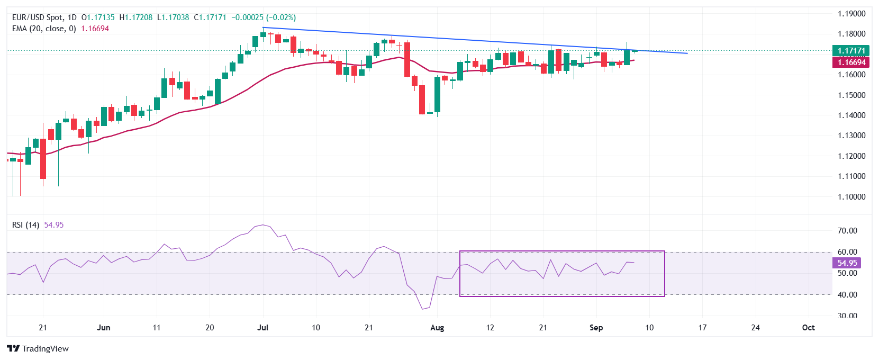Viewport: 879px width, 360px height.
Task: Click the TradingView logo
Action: pyautogui.click(x=38, y=348)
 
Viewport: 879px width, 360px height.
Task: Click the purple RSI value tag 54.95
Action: pyautogui.click(x=847, y=263)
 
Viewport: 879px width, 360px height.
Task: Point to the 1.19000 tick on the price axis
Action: pyautogui.click(x=851, y=14)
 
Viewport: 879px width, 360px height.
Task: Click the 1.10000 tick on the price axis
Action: pyautogui.click(x=851, y=197)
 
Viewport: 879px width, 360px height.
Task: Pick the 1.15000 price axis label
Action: pyautogui.click(x=851, y=95)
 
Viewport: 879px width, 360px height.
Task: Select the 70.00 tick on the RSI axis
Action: pyautogui.click(x=847, y=231)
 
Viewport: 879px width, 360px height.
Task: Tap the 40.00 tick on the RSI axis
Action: pyautogui.click(x=847, y=295)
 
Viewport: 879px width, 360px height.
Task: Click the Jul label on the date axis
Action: pyautogui.click(x=262, y=328)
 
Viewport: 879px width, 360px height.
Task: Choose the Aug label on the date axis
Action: pyautogui.click(x=437, y=328)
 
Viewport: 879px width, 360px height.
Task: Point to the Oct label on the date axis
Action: pyautogui.click(x=808, y=328)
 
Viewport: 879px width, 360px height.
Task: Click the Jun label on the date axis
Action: pyautogui.click(x=104, y=328)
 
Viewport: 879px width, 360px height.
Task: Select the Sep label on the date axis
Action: pyautogui.click(x=596, y=328)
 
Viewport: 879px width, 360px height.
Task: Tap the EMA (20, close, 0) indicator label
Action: pyautogui.click(x=44, y=29)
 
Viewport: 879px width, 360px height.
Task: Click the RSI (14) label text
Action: pyautogui.click(x=25, y=225)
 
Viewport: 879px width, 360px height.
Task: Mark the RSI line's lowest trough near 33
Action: pyautogui.click(x=422, y=309)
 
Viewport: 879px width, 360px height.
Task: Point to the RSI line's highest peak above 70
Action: pyautogui.click(x=263, y=224)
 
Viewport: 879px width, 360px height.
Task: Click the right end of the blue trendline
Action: pyautogui.click(x=687, y=53)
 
